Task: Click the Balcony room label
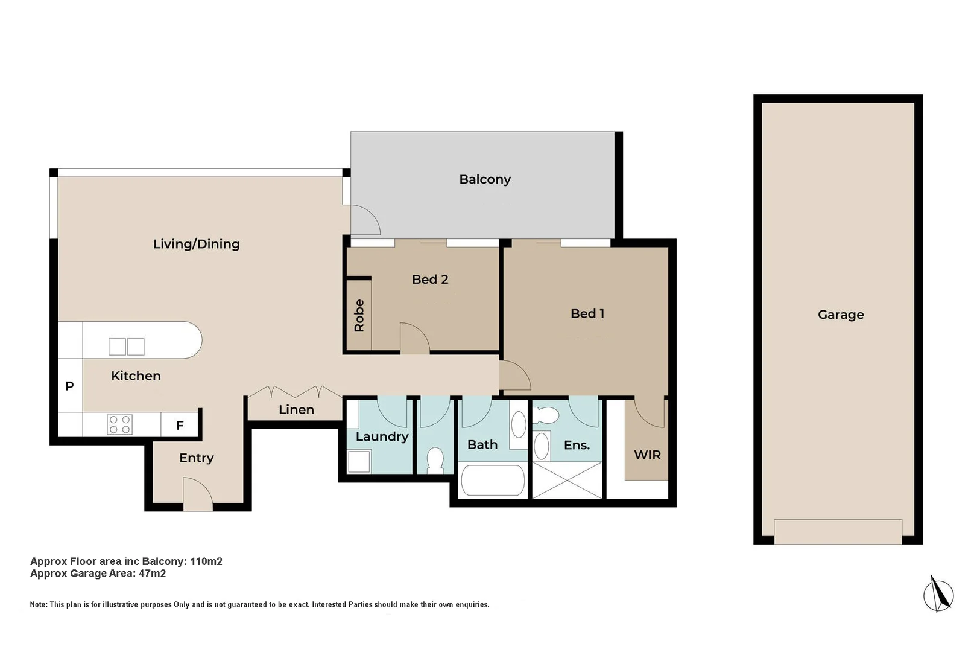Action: [x=484, y=179]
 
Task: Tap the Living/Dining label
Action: [x=196, y=244]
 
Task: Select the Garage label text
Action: [x=841, y=315]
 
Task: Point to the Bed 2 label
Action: [x=430, y=279]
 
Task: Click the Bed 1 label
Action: [x=587, y=313]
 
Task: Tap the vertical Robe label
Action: [x=359, y=315]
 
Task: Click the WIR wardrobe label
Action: [x=647, y=455]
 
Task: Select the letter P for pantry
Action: [x=69, y=386]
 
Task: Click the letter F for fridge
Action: [x=180, y=426]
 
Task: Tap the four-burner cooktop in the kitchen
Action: [x=119, y=424]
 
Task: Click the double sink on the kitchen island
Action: [x=127, y=347]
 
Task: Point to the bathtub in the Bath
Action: [x=493, y=481]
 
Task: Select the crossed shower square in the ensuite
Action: [x=567, y=480]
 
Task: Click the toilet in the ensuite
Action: [x=545, y=415]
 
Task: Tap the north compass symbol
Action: [x=938, y=595]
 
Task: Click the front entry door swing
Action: [x=198, y=494]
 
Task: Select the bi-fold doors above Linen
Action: [x=295, y=392]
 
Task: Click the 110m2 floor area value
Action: [x=206, y=561]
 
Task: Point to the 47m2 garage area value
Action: [x=152, y=574]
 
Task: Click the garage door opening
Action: [x=838, y=531]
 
